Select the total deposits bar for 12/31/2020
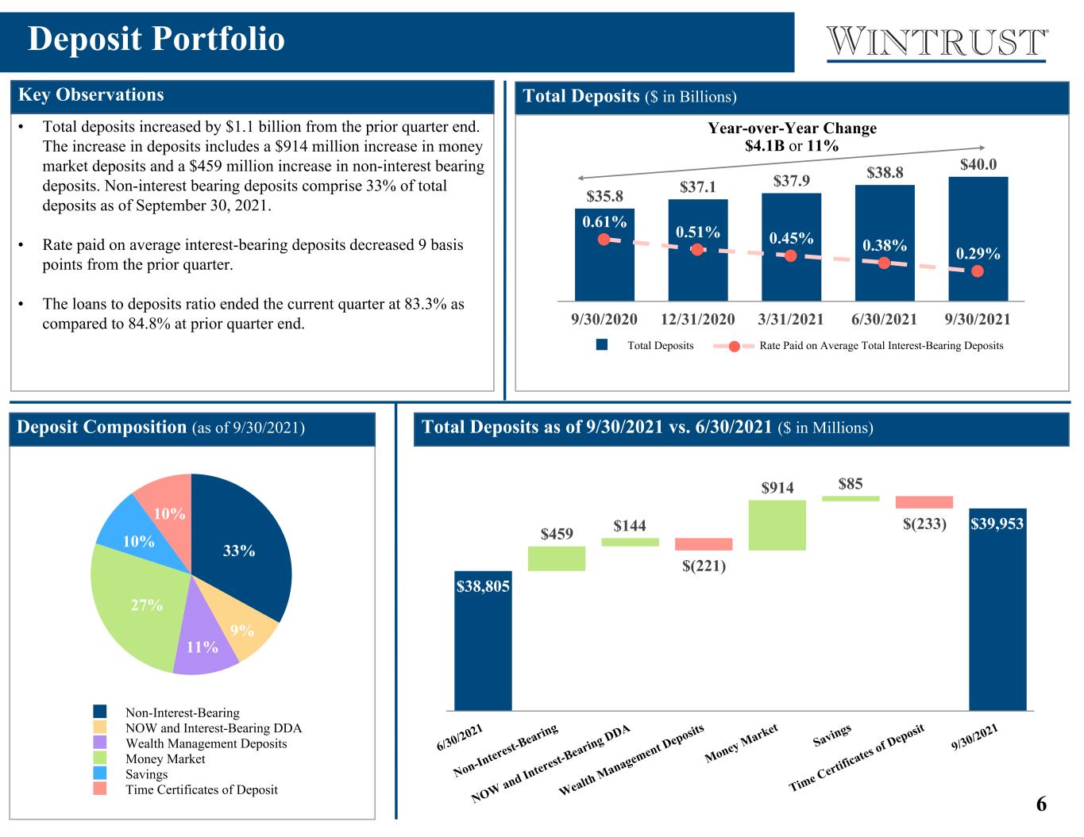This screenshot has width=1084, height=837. click(x=697, y=250)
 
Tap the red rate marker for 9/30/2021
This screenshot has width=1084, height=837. click(x=978, y=271)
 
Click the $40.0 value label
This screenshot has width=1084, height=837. click(x=978, y=164)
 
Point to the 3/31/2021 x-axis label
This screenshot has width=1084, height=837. click(x=791, y=320)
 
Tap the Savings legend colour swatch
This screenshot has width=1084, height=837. click(x=100, y=774)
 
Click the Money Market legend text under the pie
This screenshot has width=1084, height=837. click(x=165, y=758)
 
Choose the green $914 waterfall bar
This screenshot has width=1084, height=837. click(x=777, y=525)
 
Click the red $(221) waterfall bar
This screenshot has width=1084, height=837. click(x=704, y=544)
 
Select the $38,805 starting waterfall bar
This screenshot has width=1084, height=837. click(x=483, y=641)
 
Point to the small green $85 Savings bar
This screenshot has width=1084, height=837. click(x=851, y=499)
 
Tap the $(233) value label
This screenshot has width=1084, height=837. click(x=924, y=524)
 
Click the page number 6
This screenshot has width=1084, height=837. click(x=1041, y=804)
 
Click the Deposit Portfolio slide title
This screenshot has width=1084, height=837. click(x=156, y=39)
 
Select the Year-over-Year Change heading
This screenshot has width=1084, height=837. click(x=793, y=129)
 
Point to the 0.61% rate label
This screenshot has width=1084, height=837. click(x=604, y=221)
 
